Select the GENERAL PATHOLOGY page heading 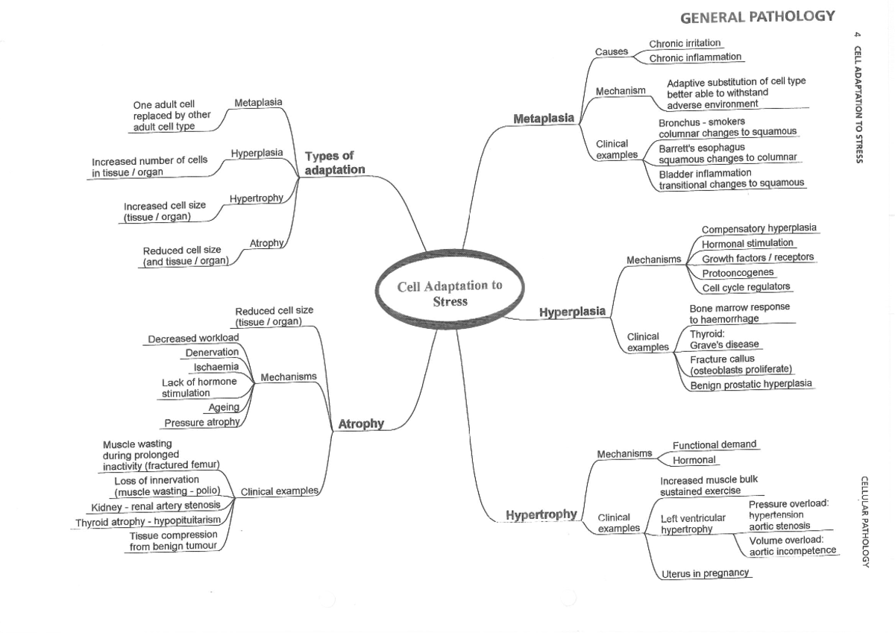[758, 17]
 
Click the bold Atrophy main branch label [361, 424]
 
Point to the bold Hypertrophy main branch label [541, 514]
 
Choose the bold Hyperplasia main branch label [572, 312]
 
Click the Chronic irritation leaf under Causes [685, 44]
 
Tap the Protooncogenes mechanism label [738, 273]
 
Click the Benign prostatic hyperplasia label [750, 385]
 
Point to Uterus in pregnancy [706, 574]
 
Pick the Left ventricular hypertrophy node [693, 523]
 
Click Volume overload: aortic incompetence [792, 545]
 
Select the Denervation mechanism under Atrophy [212, 352]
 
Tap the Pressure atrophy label [202, 423]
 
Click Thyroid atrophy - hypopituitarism [147, 523]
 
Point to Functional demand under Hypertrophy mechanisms [714, 444]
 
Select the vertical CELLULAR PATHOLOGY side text [865, 522]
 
